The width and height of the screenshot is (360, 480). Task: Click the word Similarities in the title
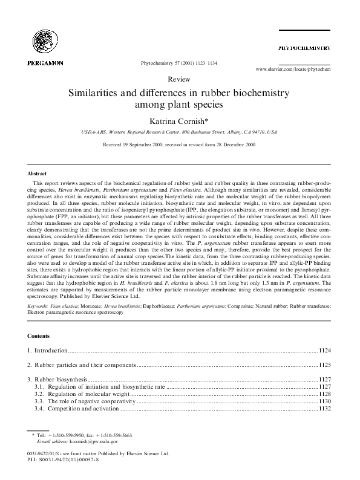pyautogui.click(x=103, y=93)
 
